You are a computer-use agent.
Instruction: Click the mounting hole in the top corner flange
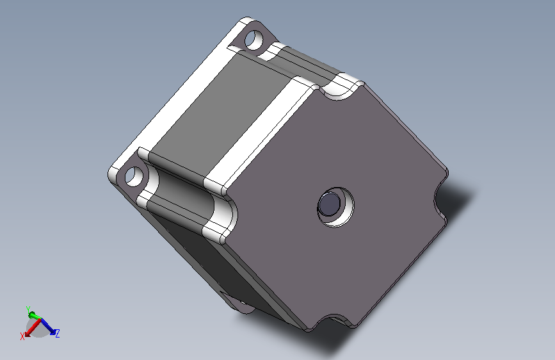click(x=254, y=39)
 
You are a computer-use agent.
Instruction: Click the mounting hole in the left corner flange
click(x=134, y=176)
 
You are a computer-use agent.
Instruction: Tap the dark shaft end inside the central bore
click(x=329, y=204)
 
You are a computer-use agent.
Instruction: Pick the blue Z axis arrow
click(x=48, y=326)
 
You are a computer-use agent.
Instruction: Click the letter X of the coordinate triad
click(x=22, y=336)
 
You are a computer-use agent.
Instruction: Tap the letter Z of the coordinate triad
click(x=58, y=333)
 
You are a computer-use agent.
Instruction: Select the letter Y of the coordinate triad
click(x=28, y=309)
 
